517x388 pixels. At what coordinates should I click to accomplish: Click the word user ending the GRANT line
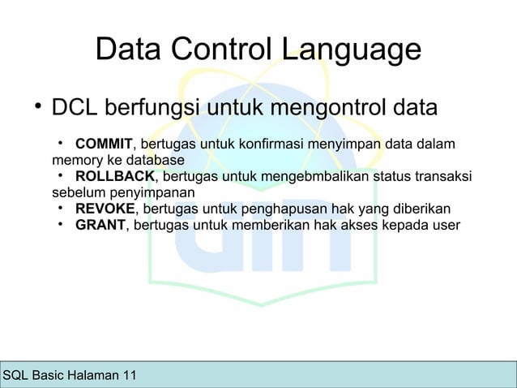coord(445,224)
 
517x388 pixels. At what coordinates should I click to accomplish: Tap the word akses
coord(358,224)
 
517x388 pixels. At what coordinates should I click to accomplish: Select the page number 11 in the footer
coord(129,375)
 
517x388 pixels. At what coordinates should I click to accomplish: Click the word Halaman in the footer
coord(93,375)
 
